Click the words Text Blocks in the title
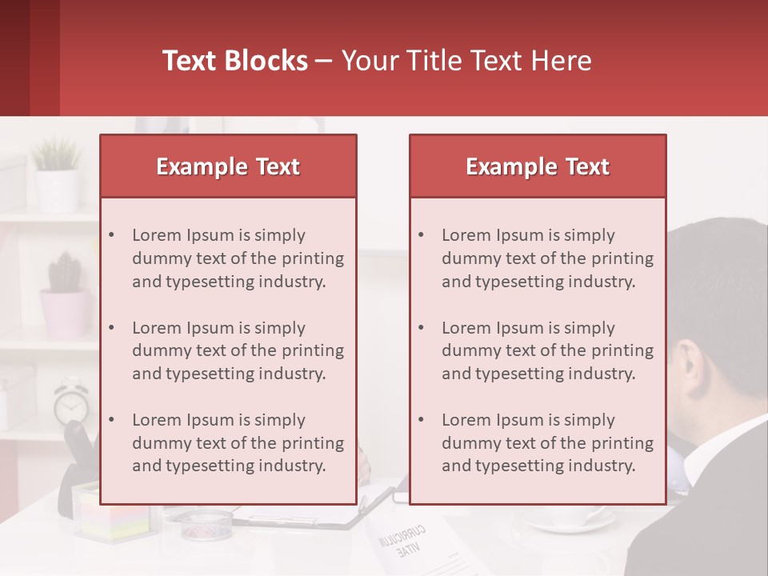coord(234,61)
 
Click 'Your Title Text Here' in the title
coord(466,61)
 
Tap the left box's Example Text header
coord(228,166)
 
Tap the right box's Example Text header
coord(538,166)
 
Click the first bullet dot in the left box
coord(111,235)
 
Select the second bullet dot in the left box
coord(111,328)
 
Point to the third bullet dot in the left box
coord(111,420)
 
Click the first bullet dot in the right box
coord(421,235)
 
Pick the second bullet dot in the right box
coord(421,328)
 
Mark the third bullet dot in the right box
coord(421,420)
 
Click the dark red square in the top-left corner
coord(30,58)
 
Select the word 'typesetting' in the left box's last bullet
coord(207,466)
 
